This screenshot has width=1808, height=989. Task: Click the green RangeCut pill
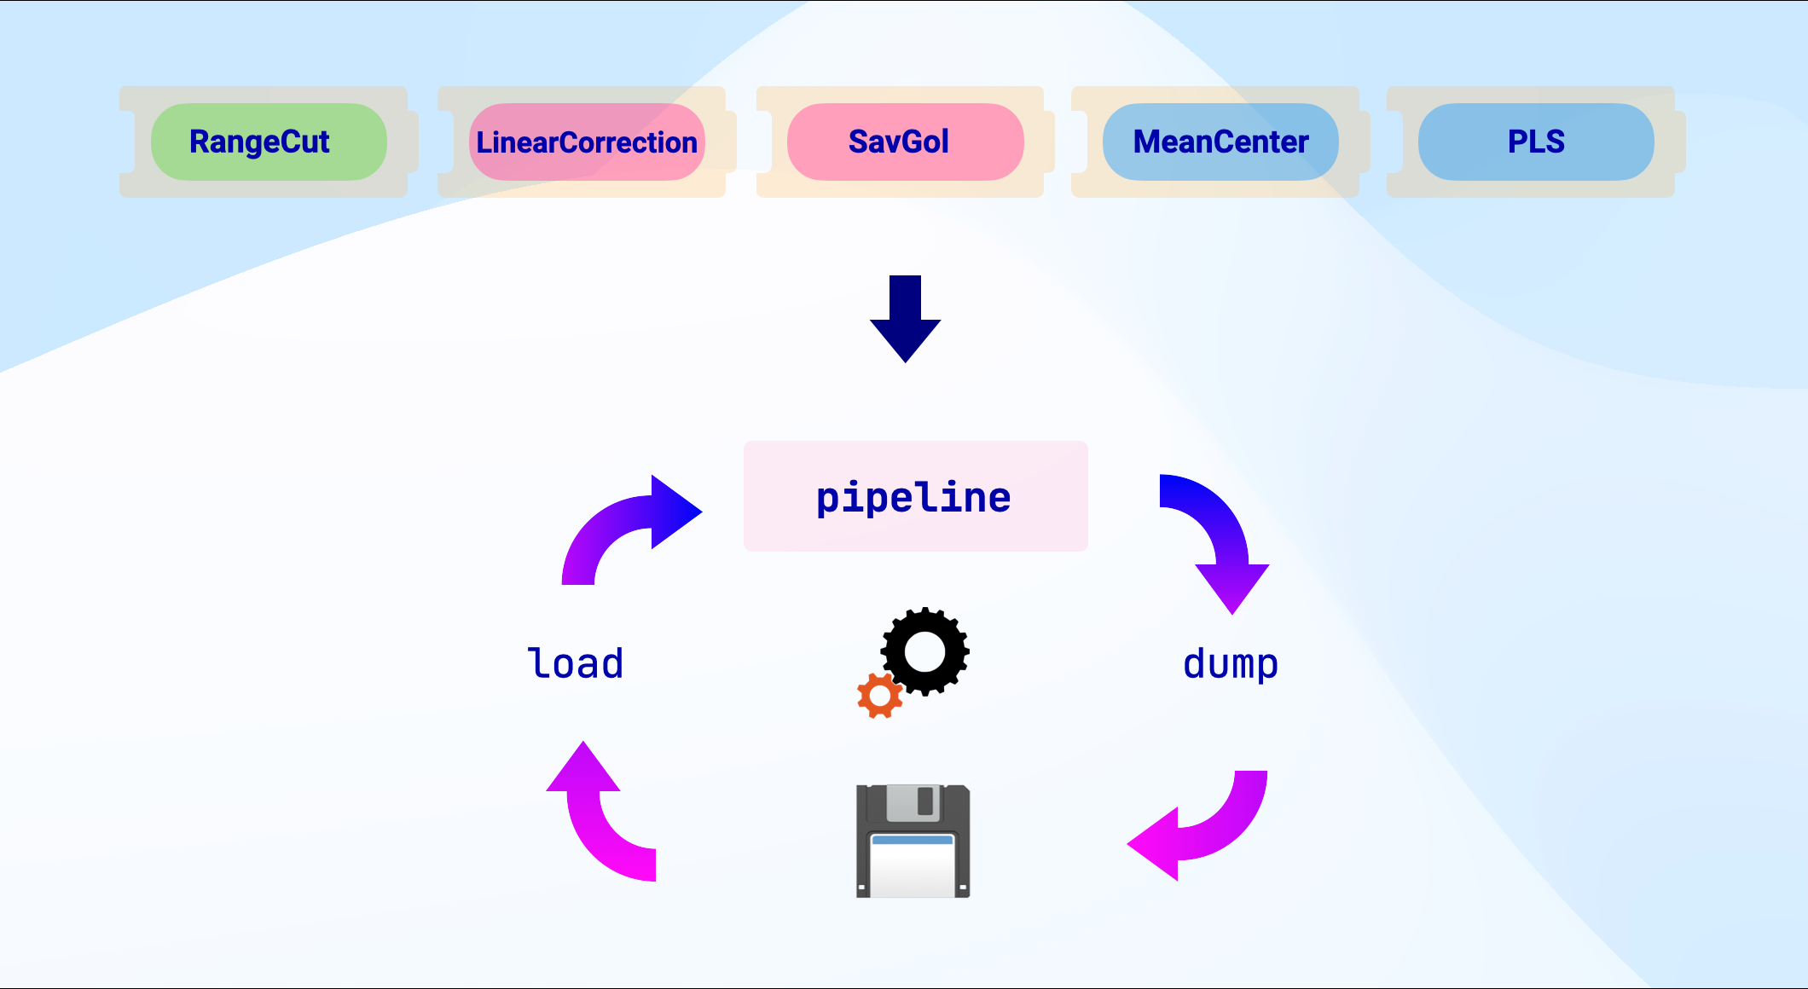[x=268, y=142]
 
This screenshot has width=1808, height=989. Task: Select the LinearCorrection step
[x=587, y=142]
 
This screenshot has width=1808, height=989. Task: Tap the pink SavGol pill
[x=904, y=142]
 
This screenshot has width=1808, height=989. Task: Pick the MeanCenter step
[x=1220, y=142]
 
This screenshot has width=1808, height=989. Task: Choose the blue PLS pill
[x=1536, y=142]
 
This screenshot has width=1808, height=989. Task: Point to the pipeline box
[x=915, y=496]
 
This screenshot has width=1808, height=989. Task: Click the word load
[x=576, y=663]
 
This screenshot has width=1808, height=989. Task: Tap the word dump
[x=1230, y=663]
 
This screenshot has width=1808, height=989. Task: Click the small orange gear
[x=879, y=696]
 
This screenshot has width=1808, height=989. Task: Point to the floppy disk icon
[x=913, y=842]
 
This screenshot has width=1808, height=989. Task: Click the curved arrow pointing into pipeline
[x=623, y=528]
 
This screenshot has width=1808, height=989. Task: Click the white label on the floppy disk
[x=913, y=870]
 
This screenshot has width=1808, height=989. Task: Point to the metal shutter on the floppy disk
[x=913, y=802]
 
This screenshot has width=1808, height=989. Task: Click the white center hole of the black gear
[x=925, y=653]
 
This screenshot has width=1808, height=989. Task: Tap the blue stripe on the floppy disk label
[x=913, y=840]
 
